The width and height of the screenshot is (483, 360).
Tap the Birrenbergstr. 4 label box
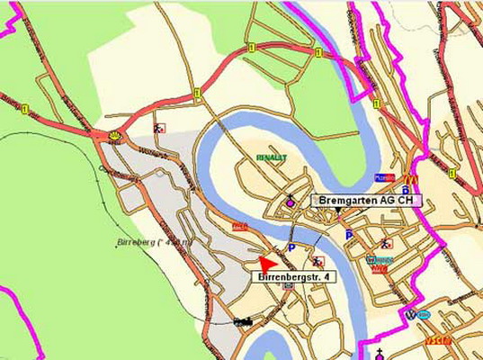pos(291,278)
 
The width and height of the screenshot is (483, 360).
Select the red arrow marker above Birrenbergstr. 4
pos(265,264)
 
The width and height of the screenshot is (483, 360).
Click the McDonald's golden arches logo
pos(410,179)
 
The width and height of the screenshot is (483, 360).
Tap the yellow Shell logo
pos(114,135)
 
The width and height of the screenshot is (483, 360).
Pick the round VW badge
pos(411,314)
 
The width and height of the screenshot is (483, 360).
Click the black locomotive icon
pos(242,320)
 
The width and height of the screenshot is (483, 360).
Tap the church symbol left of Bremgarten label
pos(290,201)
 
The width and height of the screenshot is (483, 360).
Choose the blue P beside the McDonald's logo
pos(406,190)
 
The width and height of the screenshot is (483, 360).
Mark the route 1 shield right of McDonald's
pos(452,173)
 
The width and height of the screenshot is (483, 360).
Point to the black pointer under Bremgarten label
pos(337,210)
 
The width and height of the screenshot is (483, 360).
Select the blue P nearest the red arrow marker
pos(291,247)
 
